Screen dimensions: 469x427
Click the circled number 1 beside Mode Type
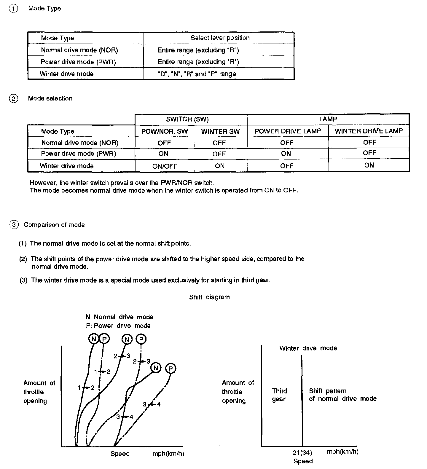[13, 9]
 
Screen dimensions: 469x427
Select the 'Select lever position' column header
[220, 38]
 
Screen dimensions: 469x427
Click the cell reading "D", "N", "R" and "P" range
[197, 74]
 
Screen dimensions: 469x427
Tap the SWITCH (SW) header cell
[187, 119]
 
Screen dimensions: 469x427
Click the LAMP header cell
[328, 119]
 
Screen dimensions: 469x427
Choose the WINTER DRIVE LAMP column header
[369, 131]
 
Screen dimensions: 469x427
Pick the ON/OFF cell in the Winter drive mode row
[165, 166]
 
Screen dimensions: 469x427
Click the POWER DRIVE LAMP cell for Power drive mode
[286, 154]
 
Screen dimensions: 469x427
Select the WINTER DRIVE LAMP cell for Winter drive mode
[369, 165]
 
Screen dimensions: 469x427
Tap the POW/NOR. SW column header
[165, 131]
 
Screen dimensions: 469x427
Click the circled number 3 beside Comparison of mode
[14, 225]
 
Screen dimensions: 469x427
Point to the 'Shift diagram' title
[209, 297]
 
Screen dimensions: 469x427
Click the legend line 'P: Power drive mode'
[118, 326]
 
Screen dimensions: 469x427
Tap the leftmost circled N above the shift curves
[94, 339]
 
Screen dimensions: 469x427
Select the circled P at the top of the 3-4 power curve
[171, 368]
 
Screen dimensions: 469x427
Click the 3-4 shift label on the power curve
[152, 404]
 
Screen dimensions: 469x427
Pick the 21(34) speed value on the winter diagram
[302, 452]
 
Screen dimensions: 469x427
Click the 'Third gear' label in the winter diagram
[279, 395]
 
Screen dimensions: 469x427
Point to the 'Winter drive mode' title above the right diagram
[308, 348]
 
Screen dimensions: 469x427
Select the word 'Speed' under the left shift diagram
[120, 454]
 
